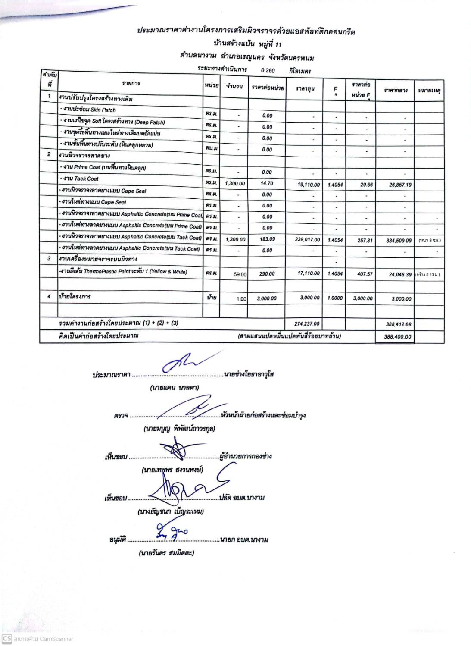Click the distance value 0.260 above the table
coord(268,70)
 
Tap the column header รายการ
coord(131,83)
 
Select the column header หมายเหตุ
coord(429,91)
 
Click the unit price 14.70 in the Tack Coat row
coord(267,183)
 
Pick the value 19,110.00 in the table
coord(309,185)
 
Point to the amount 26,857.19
coord(400,185)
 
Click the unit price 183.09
coord(267,239)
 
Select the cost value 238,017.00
coord(307,240)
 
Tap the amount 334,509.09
coord(399,241)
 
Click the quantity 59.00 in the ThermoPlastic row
coord(240,274)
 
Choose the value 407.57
coord(365,274)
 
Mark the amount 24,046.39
coord(400,274)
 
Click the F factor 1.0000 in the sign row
coord(335,298)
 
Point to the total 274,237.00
coord(307,323)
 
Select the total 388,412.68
coord(398,324)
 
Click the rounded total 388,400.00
coord(398,336)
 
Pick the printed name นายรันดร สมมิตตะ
coord(166,552)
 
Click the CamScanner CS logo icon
coord(6,639)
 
